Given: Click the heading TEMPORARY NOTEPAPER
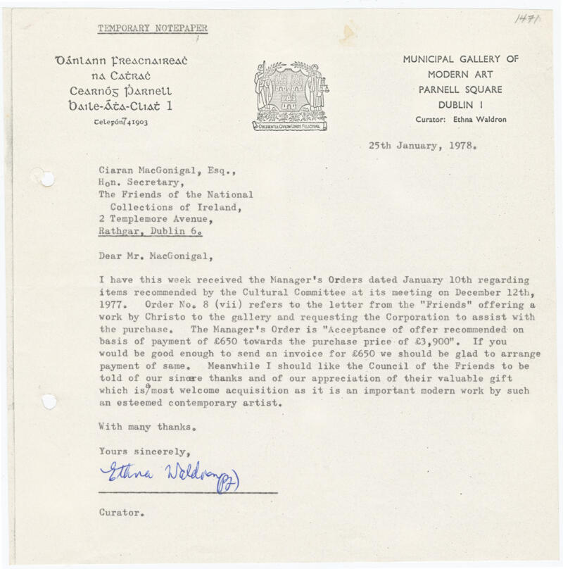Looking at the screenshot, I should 152,29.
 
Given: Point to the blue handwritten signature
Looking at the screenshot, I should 169,479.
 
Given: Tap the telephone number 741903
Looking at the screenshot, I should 133,122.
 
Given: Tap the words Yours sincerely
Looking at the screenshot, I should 144,451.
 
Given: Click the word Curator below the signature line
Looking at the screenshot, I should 122,513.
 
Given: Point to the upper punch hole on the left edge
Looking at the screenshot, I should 46,179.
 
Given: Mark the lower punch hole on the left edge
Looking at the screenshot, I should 48,402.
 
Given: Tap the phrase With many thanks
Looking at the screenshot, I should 146,427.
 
